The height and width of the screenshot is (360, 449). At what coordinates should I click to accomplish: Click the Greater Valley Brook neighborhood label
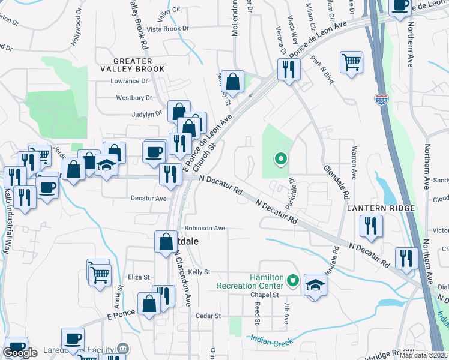click(x=139, y=64)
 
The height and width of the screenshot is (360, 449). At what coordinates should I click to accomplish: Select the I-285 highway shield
click(x=381, y=100)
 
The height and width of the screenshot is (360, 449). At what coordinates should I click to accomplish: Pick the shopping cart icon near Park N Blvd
click(x=351, y=61)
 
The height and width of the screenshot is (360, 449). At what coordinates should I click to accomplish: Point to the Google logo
click(x=20, y=353)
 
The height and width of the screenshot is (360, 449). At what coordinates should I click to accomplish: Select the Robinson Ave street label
click(x=205, y=228)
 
